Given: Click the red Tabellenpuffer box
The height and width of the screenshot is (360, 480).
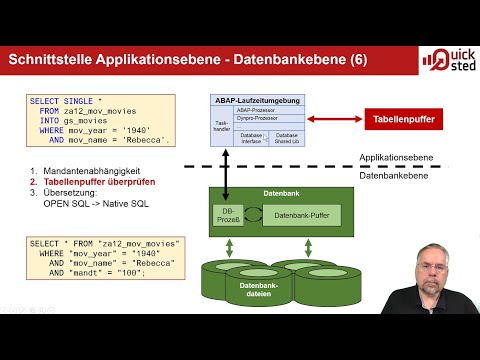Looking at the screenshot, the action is pos(403,120).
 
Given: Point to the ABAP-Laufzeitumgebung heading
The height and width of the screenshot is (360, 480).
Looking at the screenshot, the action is pos(256,101).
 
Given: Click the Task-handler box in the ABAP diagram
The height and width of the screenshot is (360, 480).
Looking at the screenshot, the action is pos(222,127).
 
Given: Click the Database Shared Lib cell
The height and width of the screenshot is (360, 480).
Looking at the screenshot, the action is pos(287,137).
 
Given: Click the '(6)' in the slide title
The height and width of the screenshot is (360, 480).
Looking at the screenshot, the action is pos(352,61).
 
